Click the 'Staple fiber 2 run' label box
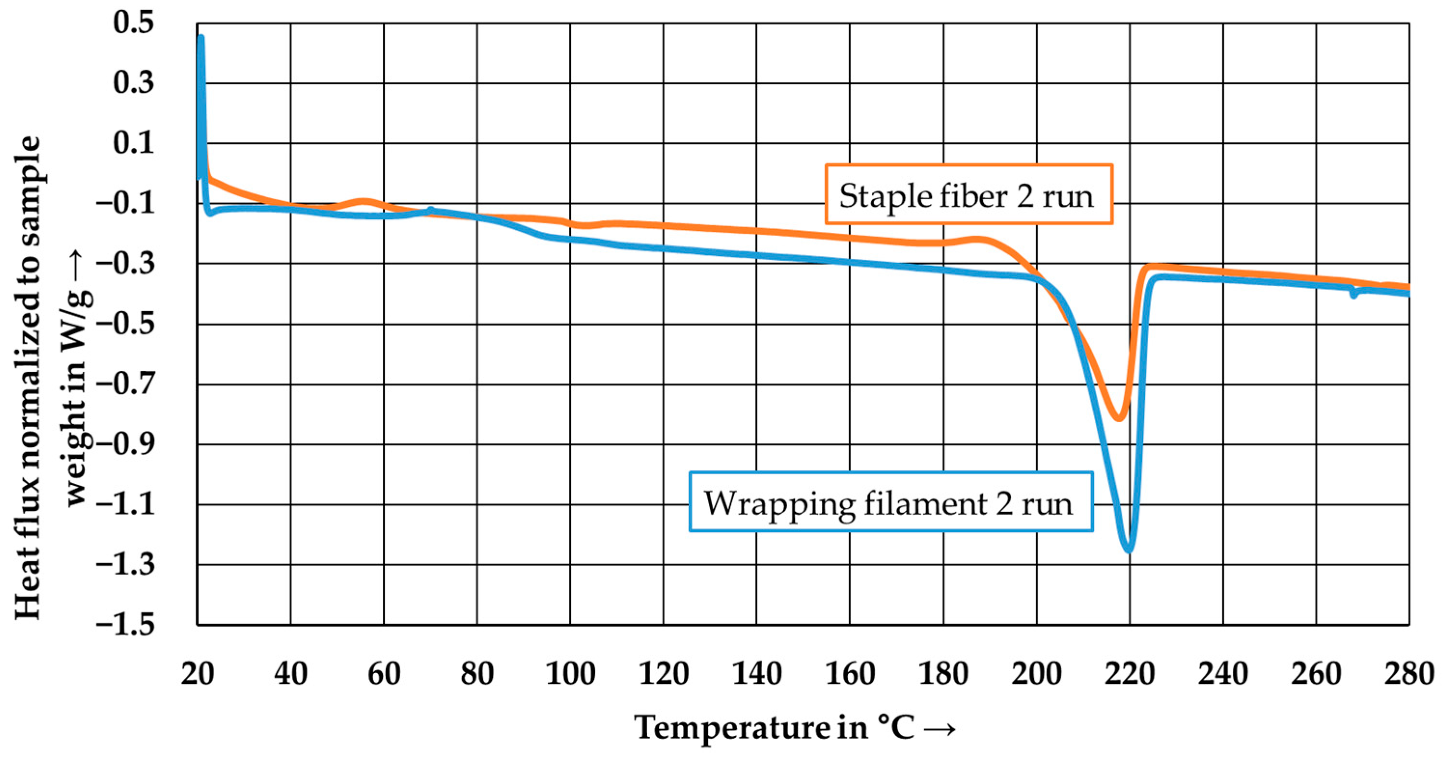pyautogui.click(x=968, y=194)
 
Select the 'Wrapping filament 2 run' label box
pyautogui.click(x=890, y=502)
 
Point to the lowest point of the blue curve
pyautogui.click(x=1129, y=551)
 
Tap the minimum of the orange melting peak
pyautogui.click(x=1118, y=418)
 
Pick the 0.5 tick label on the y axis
pyautogui.click(x=133, y=24)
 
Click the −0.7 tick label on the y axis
pyautogui.click(x=125, y=384)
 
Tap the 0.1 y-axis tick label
pyautogui.click(x=133, y=143)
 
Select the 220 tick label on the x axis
pyautogui.click(x=1130, y=674)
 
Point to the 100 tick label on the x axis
pyautogui.click(x=570, y=674)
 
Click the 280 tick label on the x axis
pyautogui.click(x=1408, y=674)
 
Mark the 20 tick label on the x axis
pyautogui.click(x=197, y=674)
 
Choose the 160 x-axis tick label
pyautogui.click(x=850, y=674)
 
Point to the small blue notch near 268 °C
pyautogui.click(x=1353, y=294)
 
